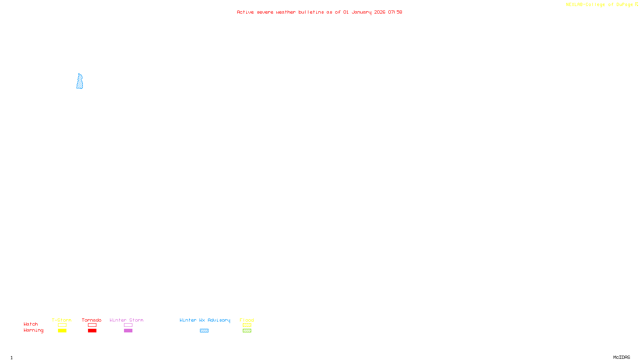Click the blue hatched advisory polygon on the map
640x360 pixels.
click(80, 82)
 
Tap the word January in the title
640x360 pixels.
click(361, 12)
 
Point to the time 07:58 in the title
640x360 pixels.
click(395, 12)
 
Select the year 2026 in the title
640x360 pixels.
click(380, 12)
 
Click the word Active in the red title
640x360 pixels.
click(245, 12)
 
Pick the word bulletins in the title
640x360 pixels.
click(311, 12)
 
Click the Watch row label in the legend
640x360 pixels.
click(31, 324)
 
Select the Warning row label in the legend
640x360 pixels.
click(33, 330)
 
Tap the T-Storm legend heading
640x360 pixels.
click(62, 320)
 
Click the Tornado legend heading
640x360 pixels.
click(92, 320)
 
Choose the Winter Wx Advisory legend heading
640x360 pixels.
click(205, 320)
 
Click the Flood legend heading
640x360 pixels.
click(247, 320)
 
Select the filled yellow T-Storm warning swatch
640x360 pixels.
click(62, 331)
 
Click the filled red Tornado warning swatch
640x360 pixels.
click(92, 331)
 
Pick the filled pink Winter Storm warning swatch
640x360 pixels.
click(128, 331)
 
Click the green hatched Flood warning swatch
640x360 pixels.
click(247, 331)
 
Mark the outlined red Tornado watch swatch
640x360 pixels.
click(92, 325)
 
